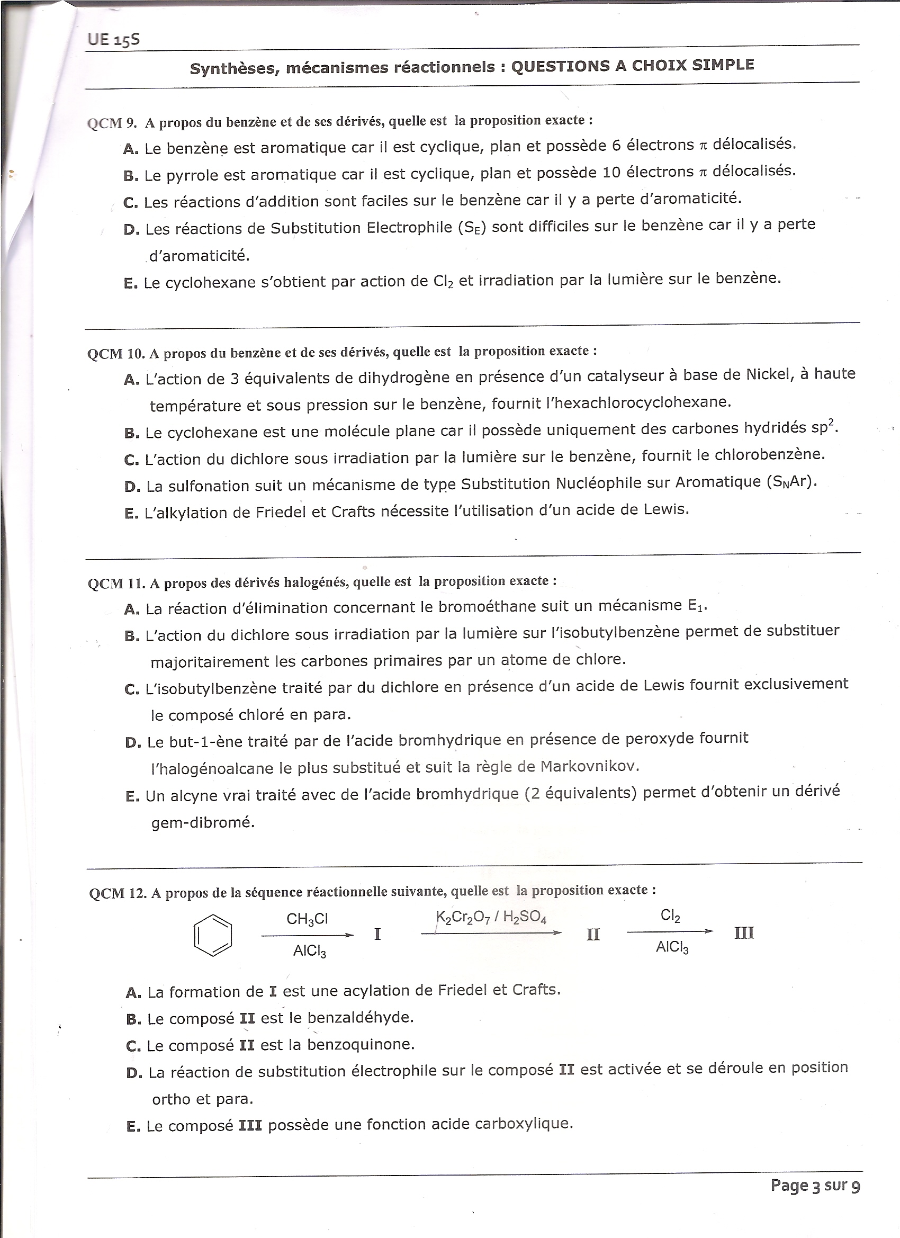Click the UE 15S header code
tap(113, 39)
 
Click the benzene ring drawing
tap(213, 935)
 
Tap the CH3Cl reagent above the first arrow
tap(307, 919)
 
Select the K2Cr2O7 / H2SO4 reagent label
tap(491, 917)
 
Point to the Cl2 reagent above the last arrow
tap(670, 916)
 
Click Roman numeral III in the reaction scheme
tap(744, 933)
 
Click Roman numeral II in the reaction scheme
tap(593, 935)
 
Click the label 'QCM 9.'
tap(112, 123)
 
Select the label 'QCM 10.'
tap(116, 354)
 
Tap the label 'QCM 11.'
tap(116, 584)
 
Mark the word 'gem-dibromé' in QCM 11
tap(203, 822)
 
